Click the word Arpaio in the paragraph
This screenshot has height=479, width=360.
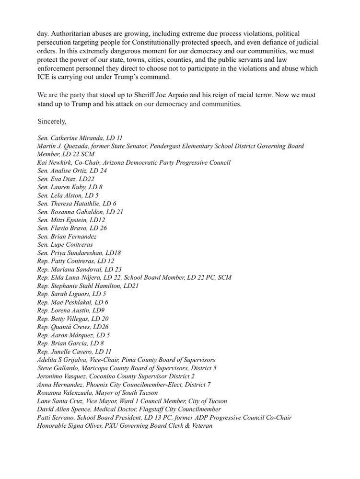[181, 96]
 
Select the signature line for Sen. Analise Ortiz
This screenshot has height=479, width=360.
[72, 171]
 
